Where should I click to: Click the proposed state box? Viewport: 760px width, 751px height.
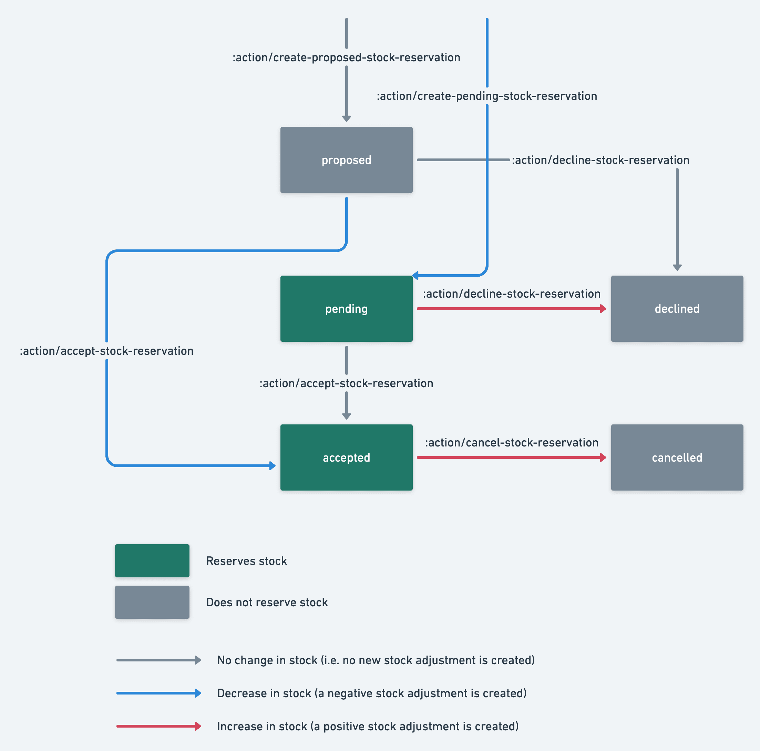(x=346, y=160)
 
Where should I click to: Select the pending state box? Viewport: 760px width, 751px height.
(x=346, y=308)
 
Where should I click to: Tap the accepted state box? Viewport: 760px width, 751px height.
(x=346, y=457)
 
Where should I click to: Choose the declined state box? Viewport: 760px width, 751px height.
(x=677, y=308)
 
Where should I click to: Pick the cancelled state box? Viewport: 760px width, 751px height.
(x=677, y=457)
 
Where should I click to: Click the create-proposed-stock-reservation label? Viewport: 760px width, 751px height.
(x=346, y=58)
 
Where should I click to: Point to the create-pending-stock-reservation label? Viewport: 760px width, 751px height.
(x=486, y=96)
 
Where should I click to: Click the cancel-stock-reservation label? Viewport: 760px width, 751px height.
(x=511, y=443)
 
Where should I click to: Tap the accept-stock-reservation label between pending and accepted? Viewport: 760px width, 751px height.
(x=346, y=383)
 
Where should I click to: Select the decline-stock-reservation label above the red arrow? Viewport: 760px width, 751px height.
(x=511, y=294)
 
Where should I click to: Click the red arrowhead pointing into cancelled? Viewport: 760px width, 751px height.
(x=603, y=457)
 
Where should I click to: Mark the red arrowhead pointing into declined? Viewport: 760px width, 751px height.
(x=603, y=308)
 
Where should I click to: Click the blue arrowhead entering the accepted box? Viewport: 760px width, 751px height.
(x=272, y=466)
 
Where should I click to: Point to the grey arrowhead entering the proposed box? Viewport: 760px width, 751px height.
(x=346, y=119)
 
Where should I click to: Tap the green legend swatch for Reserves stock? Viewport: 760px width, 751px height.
(x=152, y=560)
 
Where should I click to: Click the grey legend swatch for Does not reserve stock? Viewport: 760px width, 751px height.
(x=152, y=602)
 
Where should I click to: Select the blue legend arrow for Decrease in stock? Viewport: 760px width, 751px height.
(x=158, y=693)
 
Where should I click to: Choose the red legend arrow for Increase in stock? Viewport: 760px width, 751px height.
(x=158, y=726)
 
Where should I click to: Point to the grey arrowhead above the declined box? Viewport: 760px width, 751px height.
(x=677, y=268)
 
